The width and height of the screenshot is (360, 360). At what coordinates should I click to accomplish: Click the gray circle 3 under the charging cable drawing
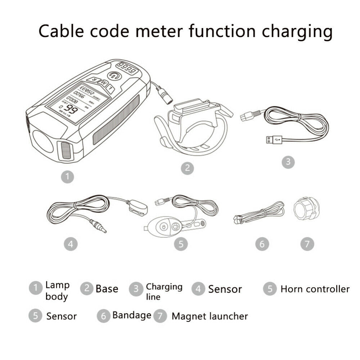coord(288,162)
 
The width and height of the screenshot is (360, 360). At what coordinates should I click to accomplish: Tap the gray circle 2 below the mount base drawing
coord(187,168)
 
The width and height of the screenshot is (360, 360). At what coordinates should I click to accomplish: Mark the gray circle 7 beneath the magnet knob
coord(307,244)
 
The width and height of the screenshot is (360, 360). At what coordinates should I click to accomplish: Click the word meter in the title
coord(156,32)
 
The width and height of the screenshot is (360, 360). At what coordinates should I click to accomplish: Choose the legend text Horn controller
coord(315,289)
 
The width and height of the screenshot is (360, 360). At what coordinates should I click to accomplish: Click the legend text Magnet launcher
coord(210,316)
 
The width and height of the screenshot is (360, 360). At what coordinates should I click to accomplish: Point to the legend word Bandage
coord(132,315)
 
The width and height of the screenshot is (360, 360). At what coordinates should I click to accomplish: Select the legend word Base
coord(107,289)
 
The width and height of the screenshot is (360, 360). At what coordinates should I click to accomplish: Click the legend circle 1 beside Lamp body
coord(36,288)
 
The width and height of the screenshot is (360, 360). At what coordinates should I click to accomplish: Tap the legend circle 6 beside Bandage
coord(103,316)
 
